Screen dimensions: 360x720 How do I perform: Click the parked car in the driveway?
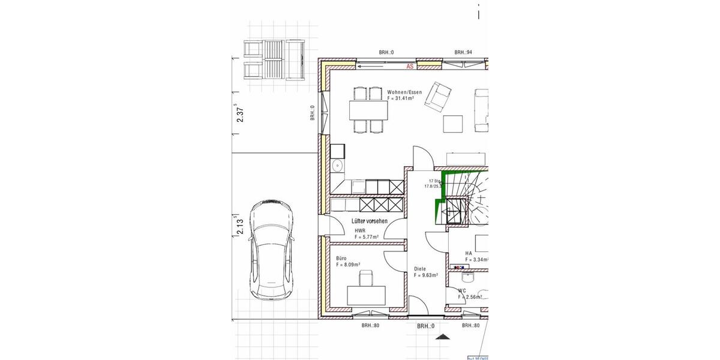click(x=272, y=250)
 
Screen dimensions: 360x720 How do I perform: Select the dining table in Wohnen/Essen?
click(x=368, y=110)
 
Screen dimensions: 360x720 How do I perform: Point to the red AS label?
click(x=410, y=67)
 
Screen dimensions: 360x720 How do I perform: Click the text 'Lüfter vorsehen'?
click(x=369, y=221)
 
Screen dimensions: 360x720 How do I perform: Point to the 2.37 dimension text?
click(x=241, y=114)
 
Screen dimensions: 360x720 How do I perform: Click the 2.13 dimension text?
click(x=241, y=228)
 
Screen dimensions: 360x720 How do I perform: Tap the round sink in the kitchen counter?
click(x=337, y=165)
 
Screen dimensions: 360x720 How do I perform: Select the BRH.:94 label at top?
click(x=463, y=53)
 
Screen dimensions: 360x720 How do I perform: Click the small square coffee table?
click(x=453, y=123)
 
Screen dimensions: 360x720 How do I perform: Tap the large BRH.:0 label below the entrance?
click(x=425, y=326)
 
